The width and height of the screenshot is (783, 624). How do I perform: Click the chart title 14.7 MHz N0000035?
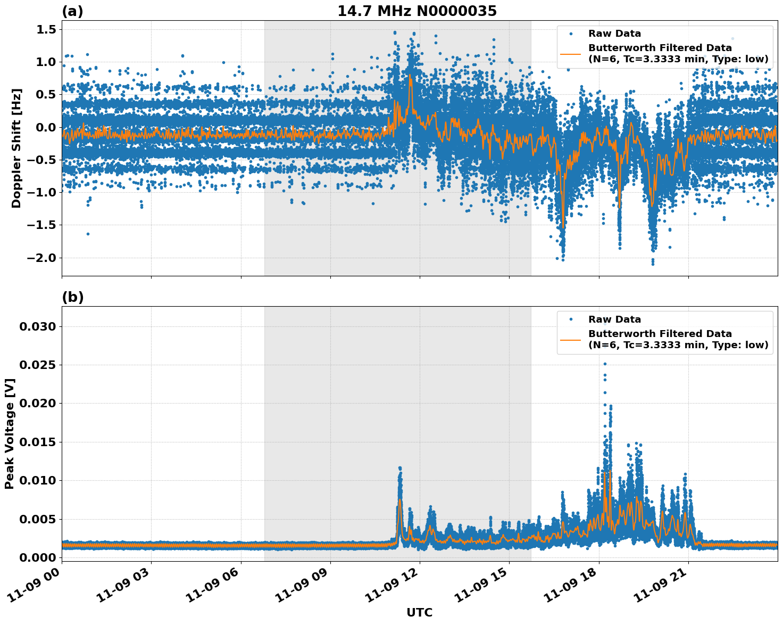click(417, 11)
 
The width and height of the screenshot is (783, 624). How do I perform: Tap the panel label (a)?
click(72, 11)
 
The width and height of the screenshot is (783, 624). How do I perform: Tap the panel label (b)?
click(72, 297)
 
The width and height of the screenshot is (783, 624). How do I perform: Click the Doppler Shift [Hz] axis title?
click(16, 148)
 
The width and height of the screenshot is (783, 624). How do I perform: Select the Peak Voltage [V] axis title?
click(9, 433)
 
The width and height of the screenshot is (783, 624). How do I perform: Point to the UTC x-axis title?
click(419, 612)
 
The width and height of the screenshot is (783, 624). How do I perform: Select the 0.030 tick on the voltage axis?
click(37, 326)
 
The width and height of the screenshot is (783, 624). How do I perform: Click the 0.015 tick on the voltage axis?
click(37, 442)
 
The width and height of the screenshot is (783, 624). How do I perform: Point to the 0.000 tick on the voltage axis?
click(37, 557)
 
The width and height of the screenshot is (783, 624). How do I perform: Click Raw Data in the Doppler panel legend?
click(614, 34)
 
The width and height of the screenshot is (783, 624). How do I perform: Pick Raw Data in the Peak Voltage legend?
click(614, 319)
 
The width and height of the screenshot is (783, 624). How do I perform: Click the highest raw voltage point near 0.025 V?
click(605, 364)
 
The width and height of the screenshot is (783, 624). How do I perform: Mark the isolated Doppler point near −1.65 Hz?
click(88, 234)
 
